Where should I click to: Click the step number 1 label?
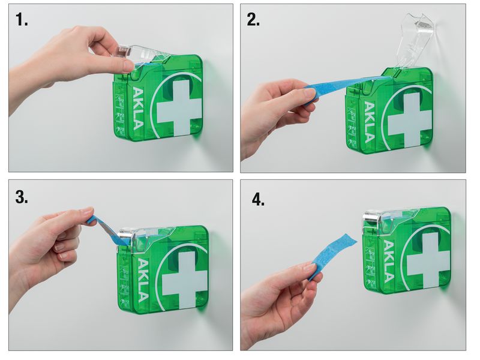22,20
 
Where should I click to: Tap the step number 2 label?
253,20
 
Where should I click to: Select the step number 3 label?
22,197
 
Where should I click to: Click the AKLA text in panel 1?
138,109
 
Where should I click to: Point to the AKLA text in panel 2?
369,122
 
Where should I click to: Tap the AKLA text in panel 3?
143,281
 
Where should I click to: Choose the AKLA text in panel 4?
388,261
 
